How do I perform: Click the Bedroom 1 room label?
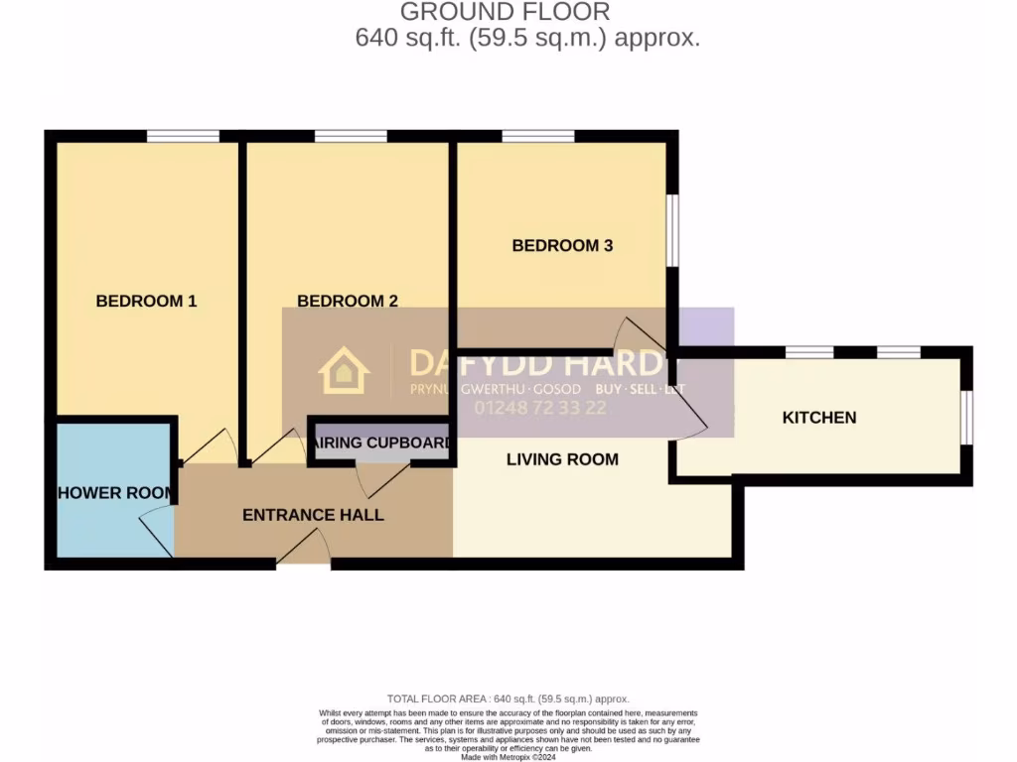coord(146,301)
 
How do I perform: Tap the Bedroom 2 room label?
coord(348,301)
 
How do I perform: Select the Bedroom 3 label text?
coord(562,245)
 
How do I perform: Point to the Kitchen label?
coord(819,418)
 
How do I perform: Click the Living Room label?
coord(562,459)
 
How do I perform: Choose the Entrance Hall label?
coord(313,515)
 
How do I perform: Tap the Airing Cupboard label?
coord(381,443)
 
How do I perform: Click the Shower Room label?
coord(115,493)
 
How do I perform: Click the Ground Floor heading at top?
coord(505,12)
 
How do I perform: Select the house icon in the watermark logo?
coord(344,371)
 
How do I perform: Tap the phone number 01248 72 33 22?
coord(541,408)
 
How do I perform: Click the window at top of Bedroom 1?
coord(183,136)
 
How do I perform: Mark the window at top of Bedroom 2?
coord(351,136)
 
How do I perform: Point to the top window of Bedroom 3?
coord(538,136)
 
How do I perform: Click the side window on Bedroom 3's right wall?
coord(672,230)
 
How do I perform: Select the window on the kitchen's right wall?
coord(966,417)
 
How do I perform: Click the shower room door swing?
coord(156,530)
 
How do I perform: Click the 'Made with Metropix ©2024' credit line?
coord(508,757)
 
